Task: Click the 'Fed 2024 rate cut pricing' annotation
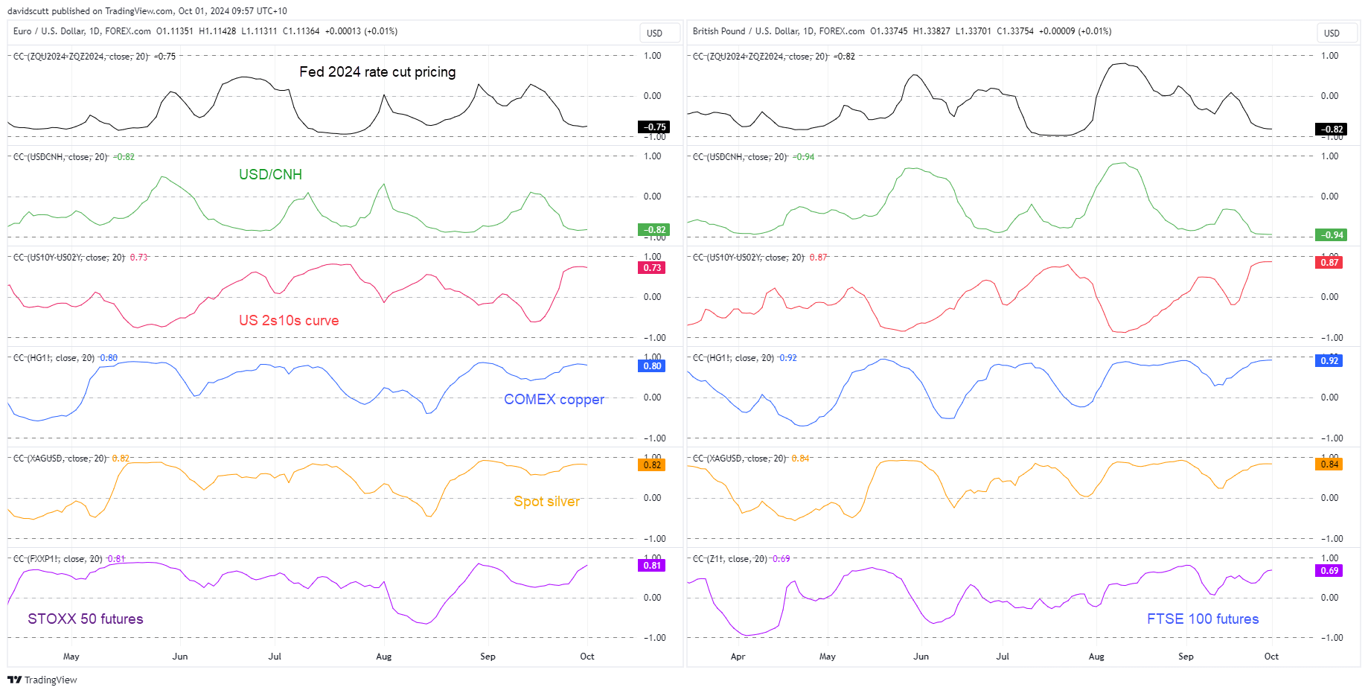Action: click(x=377, y=72)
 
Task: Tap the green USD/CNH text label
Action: click(x=270, y=175)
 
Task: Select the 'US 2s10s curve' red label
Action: click(x=289, y=321)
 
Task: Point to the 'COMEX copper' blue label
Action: click(x=554, y=400)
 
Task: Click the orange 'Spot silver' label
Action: click(x=546, y=502)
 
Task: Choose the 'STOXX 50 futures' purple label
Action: click(x=86, y=619)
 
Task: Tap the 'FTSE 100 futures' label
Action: click(x=1202, y=619)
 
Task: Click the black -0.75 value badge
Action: click(x=654, y=127)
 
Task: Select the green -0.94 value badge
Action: click(x=1331, y=235)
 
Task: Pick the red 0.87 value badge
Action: click(x=1329, y=263)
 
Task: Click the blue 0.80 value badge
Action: click(x=652, y=366)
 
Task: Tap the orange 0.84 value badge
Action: click(x=1329, y=464)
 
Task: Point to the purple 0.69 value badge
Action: click(x=1329, y=571)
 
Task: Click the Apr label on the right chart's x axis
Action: click(x=738, y=657)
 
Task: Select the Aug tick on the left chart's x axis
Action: click(x=383, y=657)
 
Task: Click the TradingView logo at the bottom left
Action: click(x=42, y=680)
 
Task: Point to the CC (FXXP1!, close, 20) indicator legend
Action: click(x=58, y=559)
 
